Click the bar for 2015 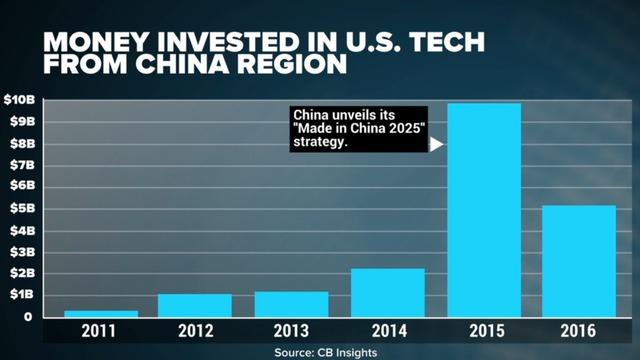(483, 210)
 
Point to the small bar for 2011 (100, 313)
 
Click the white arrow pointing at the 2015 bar (436, 144)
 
